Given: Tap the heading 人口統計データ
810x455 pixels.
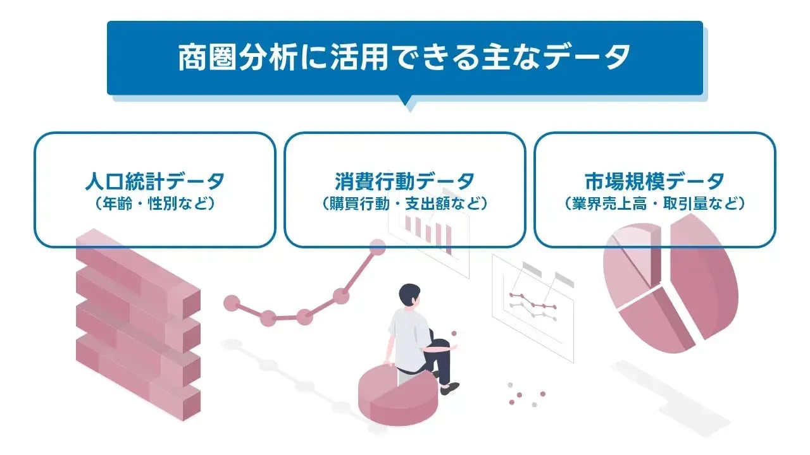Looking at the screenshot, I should (154, 181).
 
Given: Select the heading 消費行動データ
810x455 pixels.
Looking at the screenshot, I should (404, 181).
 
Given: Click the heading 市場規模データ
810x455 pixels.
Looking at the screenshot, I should (654, 181).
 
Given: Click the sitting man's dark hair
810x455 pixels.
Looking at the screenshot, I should (409, 294).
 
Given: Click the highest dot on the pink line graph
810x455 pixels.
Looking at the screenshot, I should (377, 247).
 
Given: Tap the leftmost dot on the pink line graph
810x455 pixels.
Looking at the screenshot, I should (232, 303).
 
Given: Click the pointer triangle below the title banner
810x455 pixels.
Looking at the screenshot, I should (405, 103).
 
